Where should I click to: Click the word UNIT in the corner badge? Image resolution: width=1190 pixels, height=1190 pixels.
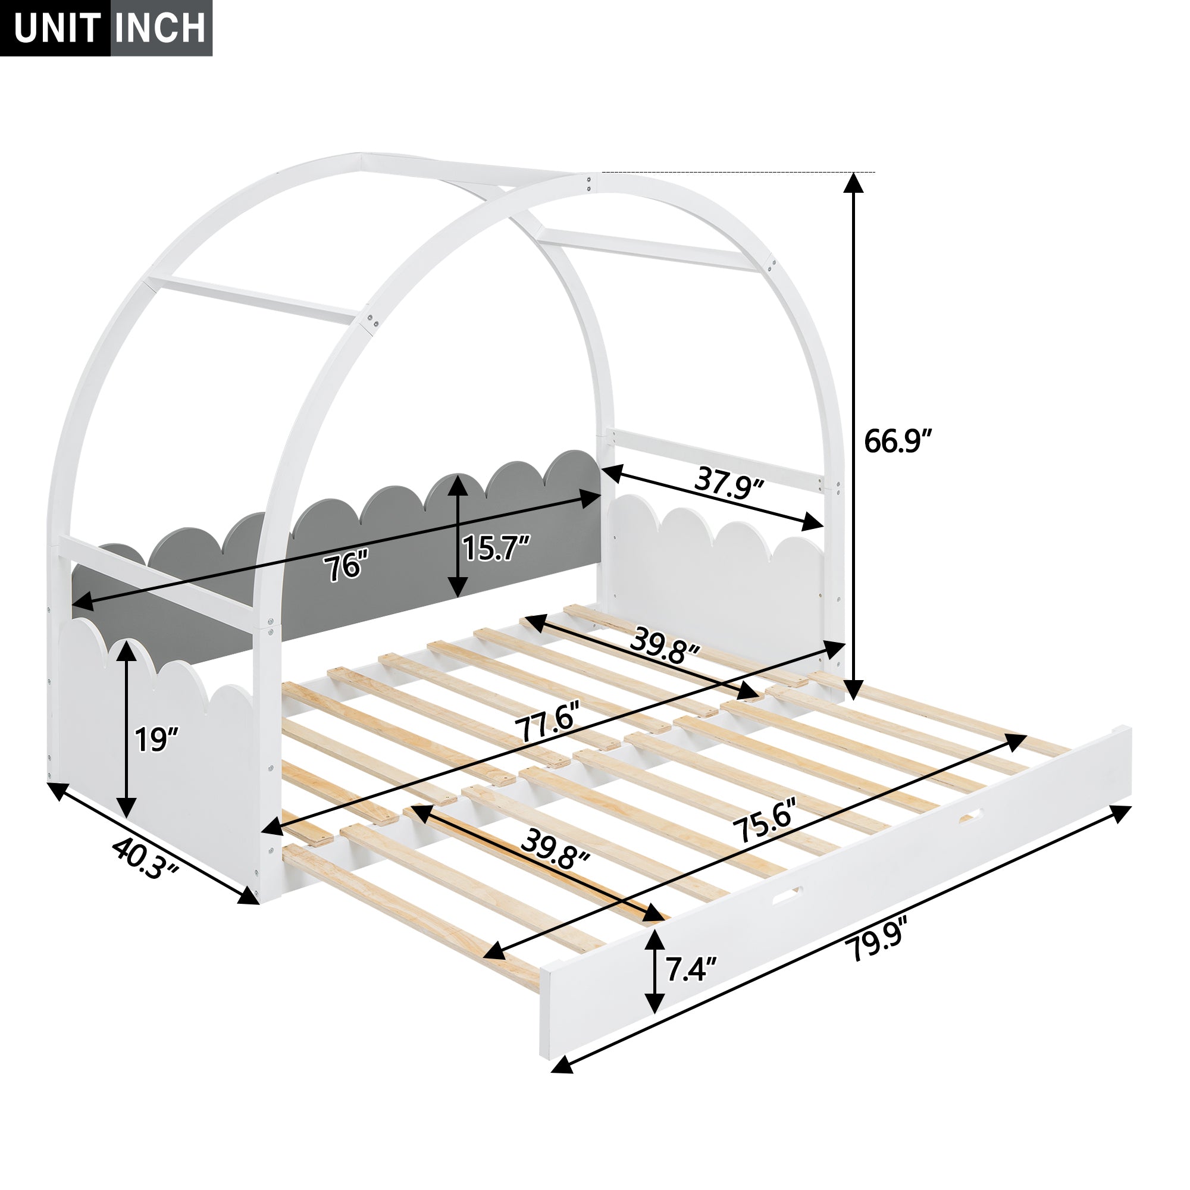[x=57, y=28]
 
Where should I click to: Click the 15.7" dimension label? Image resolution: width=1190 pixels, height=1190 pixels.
[x=496, y=548]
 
